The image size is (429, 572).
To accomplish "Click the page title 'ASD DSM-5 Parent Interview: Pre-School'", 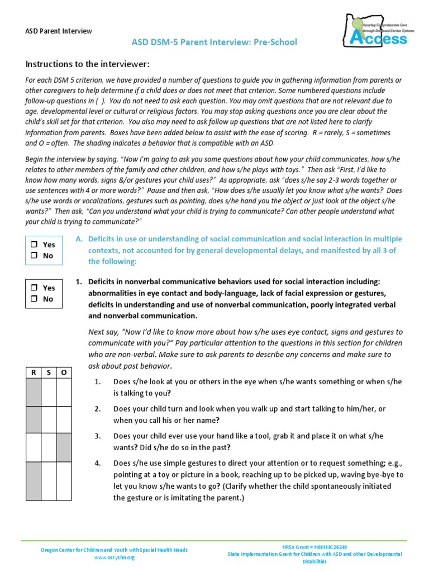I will tap(214, 42).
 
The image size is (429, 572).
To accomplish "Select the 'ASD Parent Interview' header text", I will tap(59, 31).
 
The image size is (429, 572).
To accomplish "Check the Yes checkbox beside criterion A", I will tap(34, 245).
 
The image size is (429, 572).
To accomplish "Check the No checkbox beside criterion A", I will tap(34, 256).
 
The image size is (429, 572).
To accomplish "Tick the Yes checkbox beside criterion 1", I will tap(34, 288).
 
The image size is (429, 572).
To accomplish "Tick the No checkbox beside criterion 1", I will tap(34, 299).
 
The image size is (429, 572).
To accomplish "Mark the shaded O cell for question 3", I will tap(64, 447).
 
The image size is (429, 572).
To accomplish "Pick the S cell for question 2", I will tap(49, 420).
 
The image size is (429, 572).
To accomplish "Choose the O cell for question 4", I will tap(64, 482).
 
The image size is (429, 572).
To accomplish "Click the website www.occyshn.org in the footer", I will tap(114, 557).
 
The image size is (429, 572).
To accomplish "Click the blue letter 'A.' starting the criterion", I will tap(79, 239).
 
